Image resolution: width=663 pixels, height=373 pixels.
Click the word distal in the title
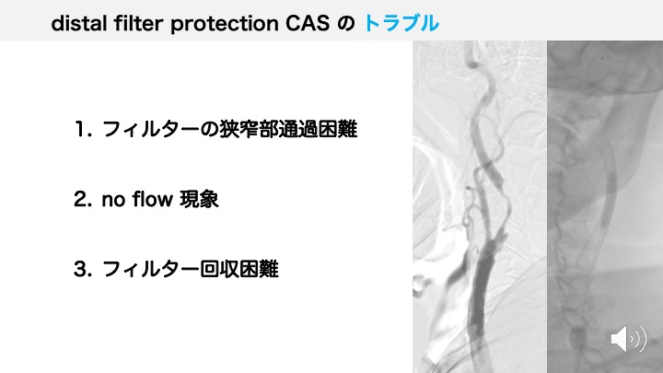(78, 23)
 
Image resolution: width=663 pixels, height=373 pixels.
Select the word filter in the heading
(139, 23)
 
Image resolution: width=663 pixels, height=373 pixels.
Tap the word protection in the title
(225, 24)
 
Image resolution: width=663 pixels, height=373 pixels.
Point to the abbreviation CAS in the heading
(308, 23)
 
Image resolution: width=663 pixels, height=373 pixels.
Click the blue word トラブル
(401, 23)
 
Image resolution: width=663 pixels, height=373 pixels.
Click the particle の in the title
(346, 24)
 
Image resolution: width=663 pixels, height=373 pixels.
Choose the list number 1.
(80, 129)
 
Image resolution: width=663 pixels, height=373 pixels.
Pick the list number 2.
(80, 199)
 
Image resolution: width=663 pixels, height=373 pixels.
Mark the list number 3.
(80, 269)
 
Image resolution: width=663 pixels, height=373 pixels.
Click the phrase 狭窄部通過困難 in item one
(288, 129)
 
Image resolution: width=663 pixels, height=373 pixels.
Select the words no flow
(137, 199)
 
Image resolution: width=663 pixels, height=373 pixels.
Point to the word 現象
(199, 199)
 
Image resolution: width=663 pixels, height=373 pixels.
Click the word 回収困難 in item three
(238, 269)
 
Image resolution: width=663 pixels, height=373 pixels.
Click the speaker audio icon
(628, 338)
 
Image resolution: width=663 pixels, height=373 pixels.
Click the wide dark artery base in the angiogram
(480, 292)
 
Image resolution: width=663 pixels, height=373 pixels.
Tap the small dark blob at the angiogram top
(471, 64)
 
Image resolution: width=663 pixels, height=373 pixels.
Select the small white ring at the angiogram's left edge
(417, 285)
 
